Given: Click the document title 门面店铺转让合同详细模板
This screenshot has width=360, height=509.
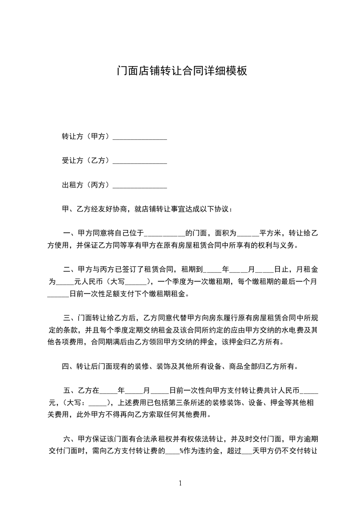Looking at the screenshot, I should tap(182, 71).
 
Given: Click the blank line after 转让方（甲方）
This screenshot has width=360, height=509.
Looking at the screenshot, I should tap(139, 137).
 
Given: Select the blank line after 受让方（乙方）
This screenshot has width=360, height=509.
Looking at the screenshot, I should tap(139, 161).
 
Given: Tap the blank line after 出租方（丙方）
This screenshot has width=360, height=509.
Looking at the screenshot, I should tap(139, 185).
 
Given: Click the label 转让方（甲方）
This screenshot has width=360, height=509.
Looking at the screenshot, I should tap(86, 136).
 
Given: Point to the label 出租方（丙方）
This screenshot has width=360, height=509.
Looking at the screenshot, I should tap(86, 185).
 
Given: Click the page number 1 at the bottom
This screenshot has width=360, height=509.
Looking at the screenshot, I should tap(180, 483).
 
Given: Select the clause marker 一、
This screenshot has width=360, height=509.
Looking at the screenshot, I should tap(70, 234).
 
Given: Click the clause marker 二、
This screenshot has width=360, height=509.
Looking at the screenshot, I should tap(70, 269).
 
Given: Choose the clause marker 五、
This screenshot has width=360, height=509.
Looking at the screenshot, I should tap(70, 390).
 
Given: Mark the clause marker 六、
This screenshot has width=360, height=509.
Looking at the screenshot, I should tap(70, 439).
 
